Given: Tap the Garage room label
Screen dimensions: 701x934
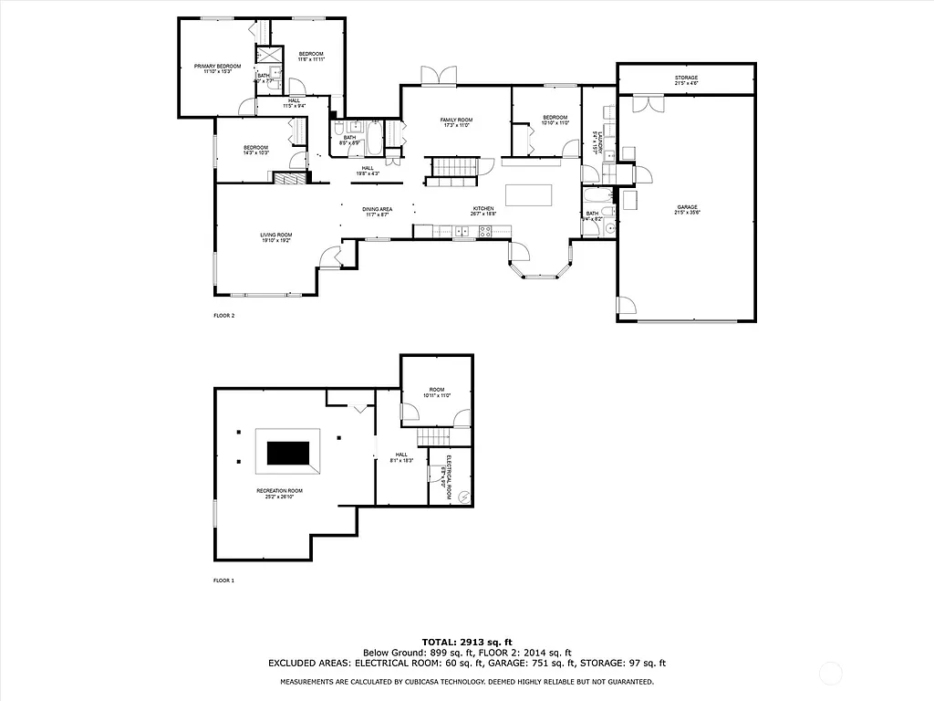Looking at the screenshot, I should [687, 209].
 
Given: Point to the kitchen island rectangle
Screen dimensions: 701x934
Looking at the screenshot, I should [529, 195].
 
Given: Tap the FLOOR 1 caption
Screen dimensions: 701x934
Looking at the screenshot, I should [223, 581].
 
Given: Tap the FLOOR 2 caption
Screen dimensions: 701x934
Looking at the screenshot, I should [223, 316].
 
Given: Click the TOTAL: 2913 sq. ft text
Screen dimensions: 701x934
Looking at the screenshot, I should [466, 642].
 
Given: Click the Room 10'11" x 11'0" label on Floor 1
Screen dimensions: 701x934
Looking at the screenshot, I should [436, 393].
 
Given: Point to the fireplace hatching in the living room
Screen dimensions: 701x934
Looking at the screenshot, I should [291, 179].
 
